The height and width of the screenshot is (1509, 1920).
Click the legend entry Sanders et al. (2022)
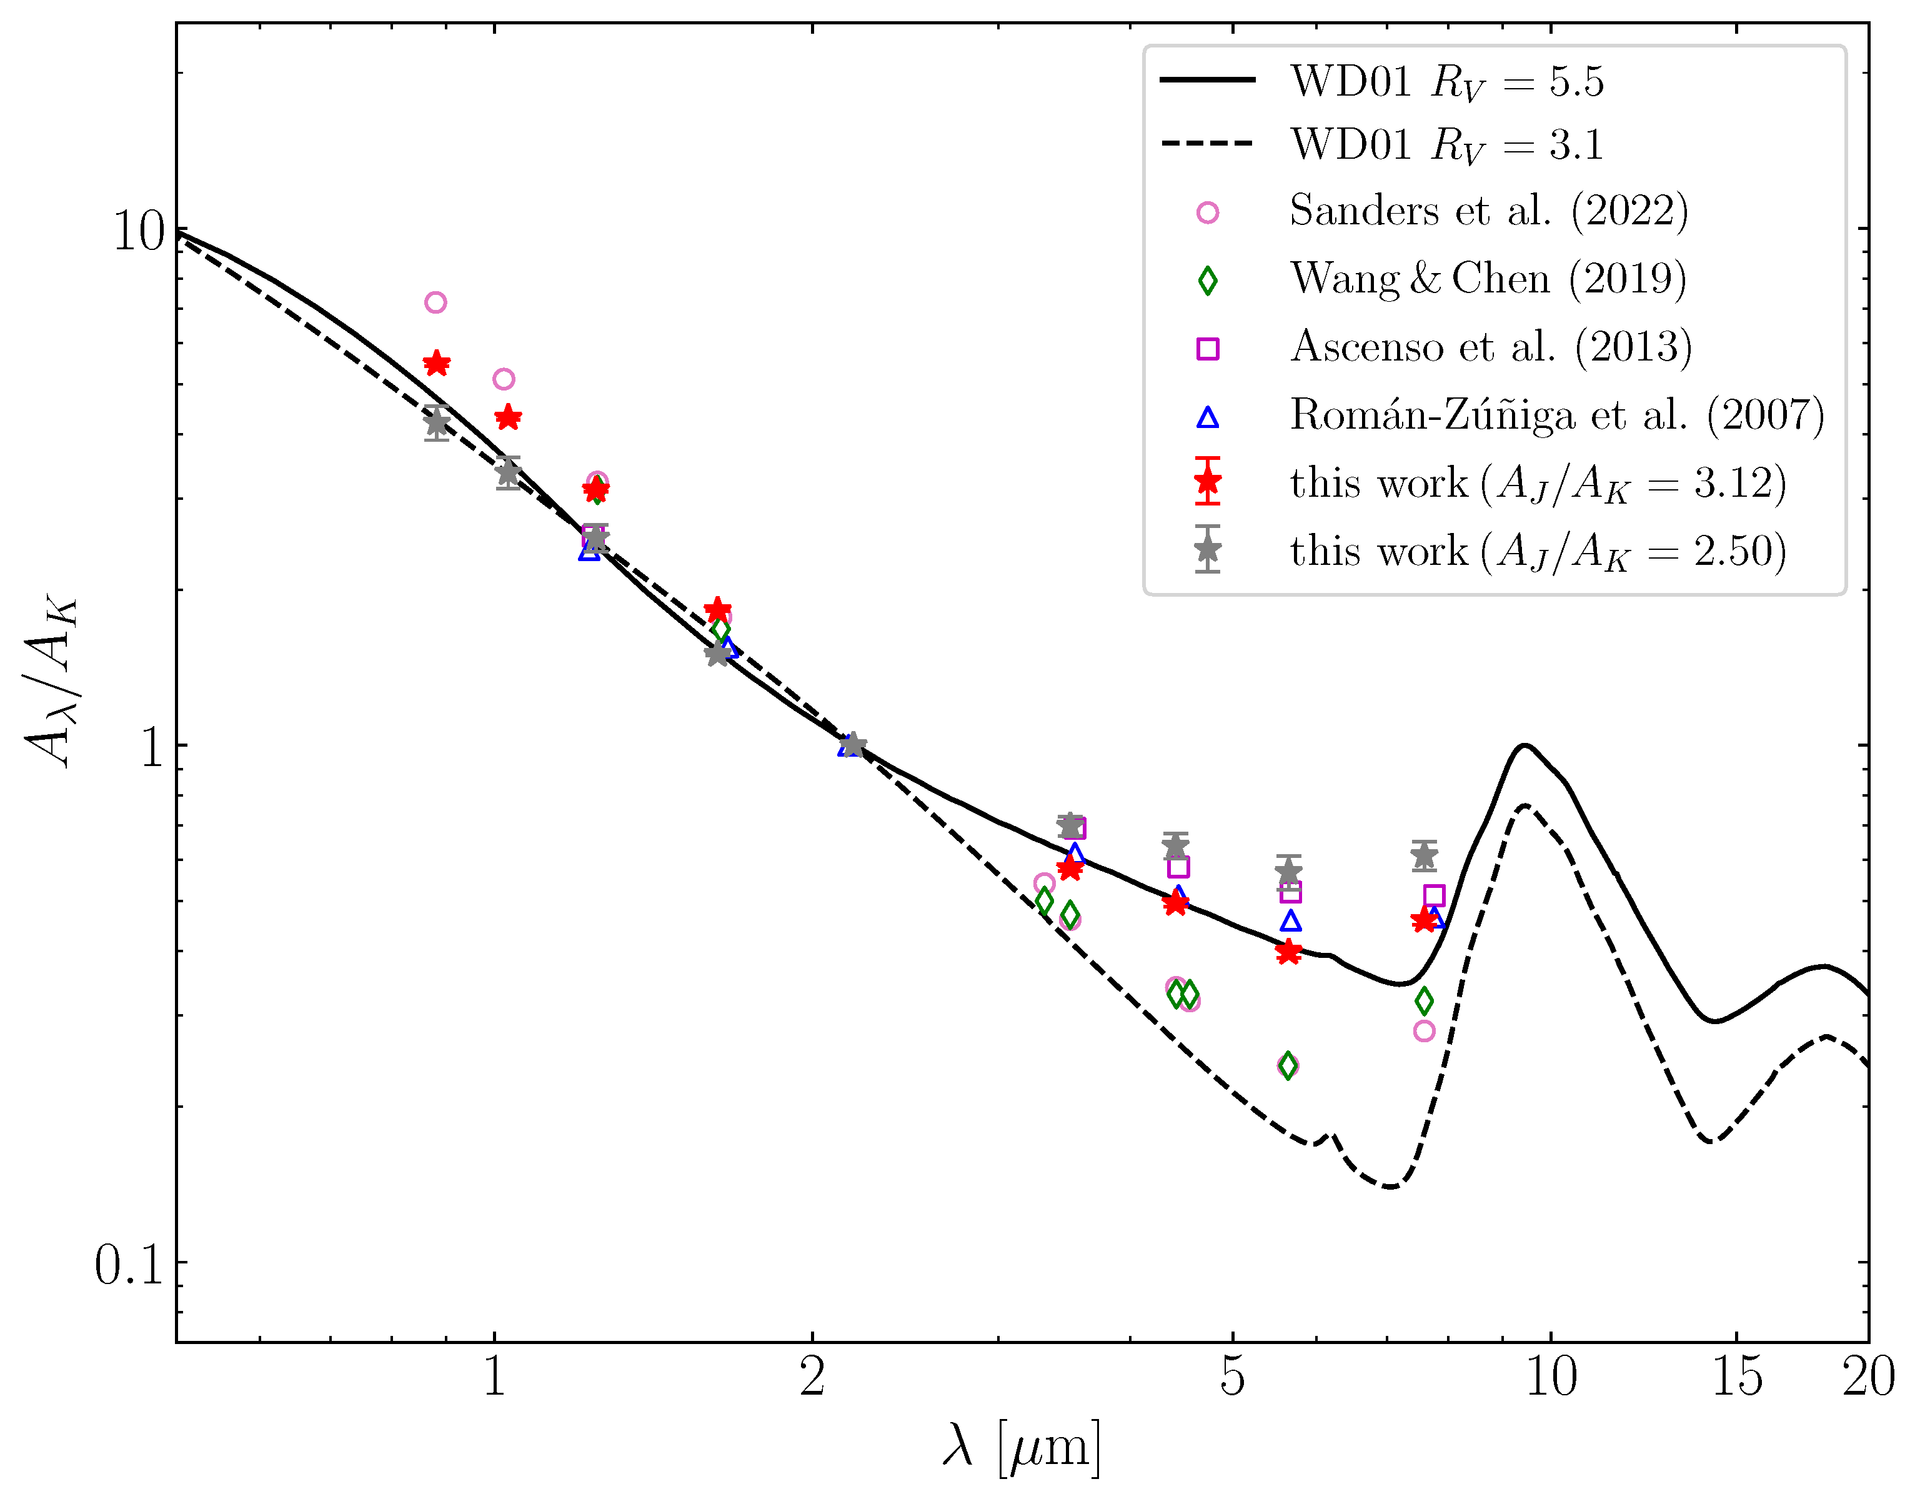(x=1488, y=211)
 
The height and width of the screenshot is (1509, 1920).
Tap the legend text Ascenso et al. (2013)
(x=1491, y=346)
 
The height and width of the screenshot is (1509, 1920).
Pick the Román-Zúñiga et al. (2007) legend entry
(x=1556, y=414)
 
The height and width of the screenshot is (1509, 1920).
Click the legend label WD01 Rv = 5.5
(x=1446, y=81)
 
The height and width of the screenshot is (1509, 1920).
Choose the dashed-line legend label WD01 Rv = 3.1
(x=1446, y=144)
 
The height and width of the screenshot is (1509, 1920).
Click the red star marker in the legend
(x=1207, y=482)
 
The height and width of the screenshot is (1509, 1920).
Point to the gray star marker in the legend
(x=1207, y=549)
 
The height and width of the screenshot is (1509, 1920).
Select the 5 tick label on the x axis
(x=1232, y=1377)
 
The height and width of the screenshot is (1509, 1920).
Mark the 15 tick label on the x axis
(x=1736, y=1377)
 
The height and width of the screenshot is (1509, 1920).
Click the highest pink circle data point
(x=435, y=303)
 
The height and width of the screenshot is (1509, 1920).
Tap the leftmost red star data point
(x=436, y=363)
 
